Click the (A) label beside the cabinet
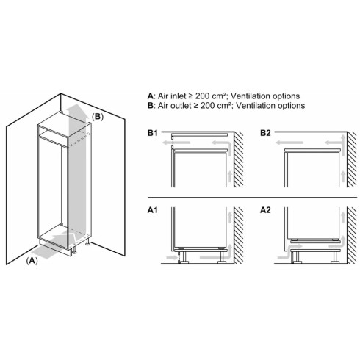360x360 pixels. pos(32,261)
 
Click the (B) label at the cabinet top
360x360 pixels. pos(98,117)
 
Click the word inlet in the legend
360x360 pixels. pos(177,96)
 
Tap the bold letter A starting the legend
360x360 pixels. pos(150,96)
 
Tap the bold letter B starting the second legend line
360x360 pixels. pos(150,106)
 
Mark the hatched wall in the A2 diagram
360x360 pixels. pos(352,235)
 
